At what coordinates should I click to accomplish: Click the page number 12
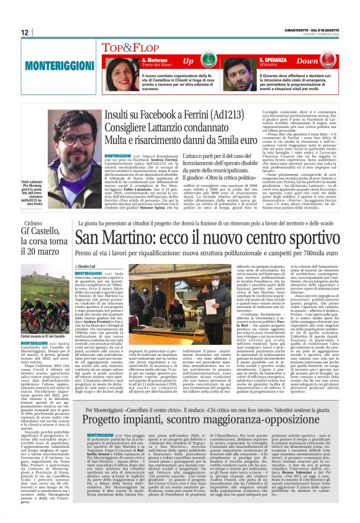click(x=25, y=32)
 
